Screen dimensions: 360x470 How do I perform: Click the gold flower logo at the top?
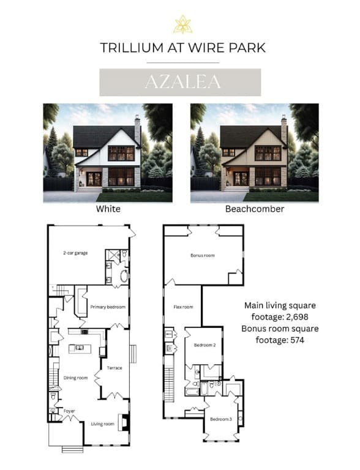(182, 24)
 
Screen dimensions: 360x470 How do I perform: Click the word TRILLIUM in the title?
(132, 48)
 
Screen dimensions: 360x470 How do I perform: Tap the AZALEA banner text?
(182, 82)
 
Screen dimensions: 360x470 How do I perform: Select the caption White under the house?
(108, 209)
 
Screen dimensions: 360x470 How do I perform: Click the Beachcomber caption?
(255, 209)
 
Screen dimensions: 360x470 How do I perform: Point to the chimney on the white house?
(137, 129)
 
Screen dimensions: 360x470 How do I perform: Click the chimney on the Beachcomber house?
(284, 129)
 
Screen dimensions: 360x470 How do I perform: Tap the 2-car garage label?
(75, 253)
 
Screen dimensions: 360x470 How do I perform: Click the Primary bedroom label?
(108, 307)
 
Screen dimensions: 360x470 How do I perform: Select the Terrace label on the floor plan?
(114, 368)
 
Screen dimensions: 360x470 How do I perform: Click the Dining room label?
(75, 378)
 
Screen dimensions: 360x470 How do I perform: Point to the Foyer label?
(69, 411)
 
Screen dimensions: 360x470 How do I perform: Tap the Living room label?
(103, 424)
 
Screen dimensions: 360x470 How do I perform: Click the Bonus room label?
(203, 255)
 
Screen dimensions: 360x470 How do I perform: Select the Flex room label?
(183, 307)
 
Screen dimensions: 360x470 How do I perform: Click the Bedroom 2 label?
(205, 345)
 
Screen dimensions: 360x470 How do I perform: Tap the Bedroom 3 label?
(221, 419)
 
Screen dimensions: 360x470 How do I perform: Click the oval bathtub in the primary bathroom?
(124, 276)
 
